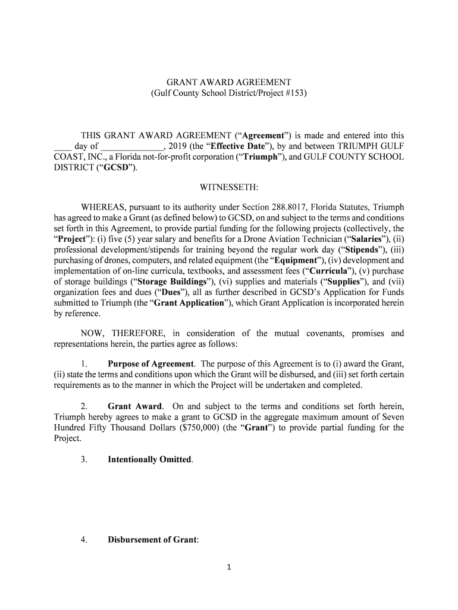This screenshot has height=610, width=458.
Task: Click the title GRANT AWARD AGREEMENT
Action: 228,82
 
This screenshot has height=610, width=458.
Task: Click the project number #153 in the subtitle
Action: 291,94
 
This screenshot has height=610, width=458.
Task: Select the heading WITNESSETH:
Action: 228,188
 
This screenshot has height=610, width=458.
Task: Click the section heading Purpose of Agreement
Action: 150,364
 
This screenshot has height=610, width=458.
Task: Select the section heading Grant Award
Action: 134,407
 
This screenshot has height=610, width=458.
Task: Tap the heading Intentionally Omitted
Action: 150,460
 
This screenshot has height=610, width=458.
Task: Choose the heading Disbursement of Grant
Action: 152,540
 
